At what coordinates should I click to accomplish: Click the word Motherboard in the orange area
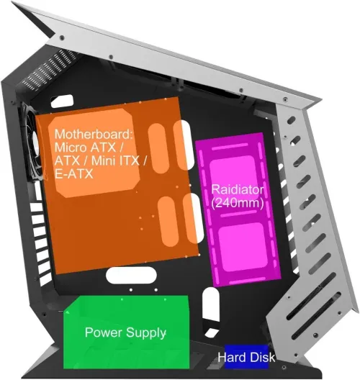click(94, 134)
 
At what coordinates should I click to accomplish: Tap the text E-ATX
click(73, 173)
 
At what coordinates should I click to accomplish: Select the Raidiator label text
click(238, 189)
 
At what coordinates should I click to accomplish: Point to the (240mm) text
click(238, 203)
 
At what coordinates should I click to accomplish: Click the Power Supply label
click(125, 332)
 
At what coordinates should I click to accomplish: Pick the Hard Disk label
click(246, 358)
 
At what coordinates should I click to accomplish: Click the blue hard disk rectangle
click(246, 357)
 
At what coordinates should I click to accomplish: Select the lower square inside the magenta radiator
click(243, 247)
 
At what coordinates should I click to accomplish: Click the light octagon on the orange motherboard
click(94, 153)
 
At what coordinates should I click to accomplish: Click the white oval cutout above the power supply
click(131, 276)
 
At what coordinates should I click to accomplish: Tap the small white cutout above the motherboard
click(62, 101)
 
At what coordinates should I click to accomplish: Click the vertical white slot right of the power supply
click(211, 304)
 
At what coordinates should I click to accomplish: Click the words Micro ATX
click(86, 147)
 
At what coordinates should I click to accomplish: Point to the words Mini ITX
click(115, 160)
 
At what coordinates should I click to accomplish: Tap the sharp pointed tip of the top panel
click(12, 2)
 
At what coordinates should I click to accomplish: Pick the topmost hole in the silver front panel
click(291, 120)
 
